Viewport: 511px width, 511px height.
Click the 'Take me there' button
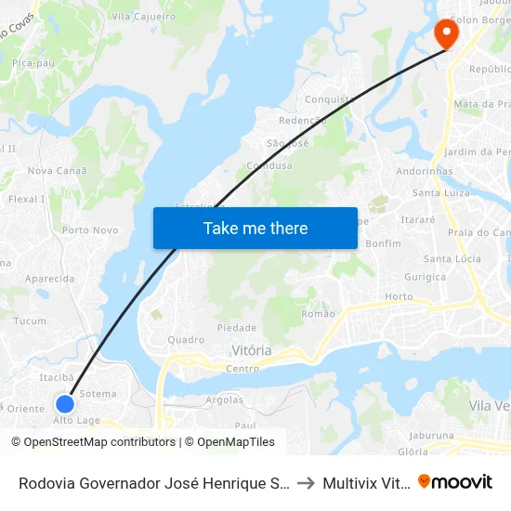pos(255,228)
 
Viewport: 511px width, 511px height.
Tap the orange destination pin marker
pos(446,33)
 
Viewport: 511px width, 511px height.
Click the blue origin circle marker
pos(64,404)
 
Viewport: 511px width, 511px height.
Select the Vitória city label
pos(251,350)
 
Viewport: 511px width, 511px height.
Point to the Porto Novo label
pos(90,229)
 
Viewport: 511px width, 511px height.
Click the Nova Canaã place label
pos(58,170)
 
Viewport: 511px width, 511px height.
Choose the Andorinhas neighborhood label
pos(425,171)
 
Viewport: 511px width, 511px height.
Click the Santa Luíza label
pos(440,193)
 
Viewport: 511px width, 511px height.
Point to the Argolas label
pos(224,400)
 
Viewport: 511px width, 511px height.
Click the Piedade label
pos(236,328)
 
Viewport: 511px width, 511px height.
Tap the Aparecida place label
pos(49,279)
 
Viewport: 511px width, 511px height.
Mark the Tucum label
pos(31,321)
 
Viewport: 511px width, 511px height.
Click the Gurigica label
pos(425,277)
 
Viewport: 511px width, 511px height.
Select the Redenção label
pos(303,121)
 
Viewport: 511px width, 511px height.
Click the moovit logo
pos(455,481)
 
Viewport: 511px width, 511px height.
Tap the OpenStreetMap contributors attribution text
pos(93,442)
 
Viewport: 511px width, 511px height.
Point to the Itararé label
pos(418,219)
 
